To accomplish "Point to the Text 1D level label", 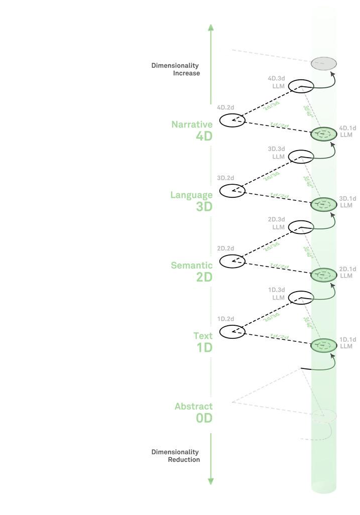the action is tap(203, 342).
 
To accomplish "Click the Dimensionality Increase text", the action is tap(175, 69).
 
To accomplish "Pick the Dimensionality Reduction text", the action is tap(175, 456).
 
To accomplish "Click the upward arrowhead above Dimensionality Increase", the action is tap(211, 27).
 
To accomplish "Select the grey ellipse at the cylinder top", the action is tap(324, 64).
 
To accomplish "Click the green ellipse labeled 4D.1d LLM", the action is tap(324, 134).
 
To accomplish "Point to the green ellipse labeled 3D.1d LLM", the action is tap(324, 204).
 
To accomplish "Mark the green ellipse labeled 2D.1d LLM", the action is tap(324, 275).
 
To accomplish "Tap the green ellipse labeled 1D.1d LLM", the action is tap(324, 345).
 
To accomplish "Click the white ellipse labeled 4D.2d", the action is tap(232, 120).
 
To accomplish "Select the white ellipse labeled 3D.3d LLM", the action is tap(301, 157).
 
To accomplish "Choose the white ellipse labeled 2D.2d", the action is tap(232, 261).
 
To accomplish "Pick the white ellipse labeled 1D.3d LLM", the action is tap(301, 298).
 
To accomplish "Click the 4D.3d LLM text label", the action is tap(276, 82).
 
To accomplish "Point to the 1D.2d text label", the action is tap(226, 319).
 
